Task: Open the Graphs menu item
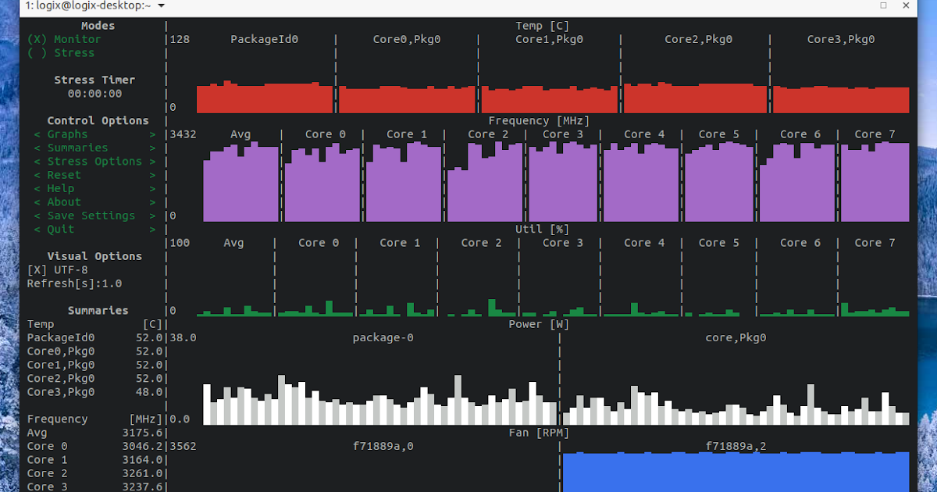pyautogui.click(x=67, y=134)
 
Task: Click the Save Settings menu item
pyautogui.click(x=91, y=216)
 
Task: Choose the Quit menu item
pyautogui.click(x=61, y=229)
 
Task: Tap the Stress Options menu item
pyautogui.click(x=94, y=162)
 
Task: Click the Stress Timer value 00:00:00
pyautogui.click(x=94, y=94)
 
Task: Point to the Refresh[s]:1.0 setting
pyautogui.click(x=74, y=283)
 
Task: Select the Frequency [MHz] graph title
pyautogui.click(x=539, y=120)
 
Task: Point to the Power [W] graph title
pyautogui.click(x=539, y=324)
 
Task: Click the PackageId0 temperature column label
pyautogui.click(x=264, y=39)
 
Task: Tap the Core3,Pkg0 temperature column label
pyautogui.click(x=840, y=39)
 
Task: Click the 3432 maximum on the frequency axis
pyautogui.click(x=183, y=134)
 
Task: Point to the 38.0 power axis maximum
pyautogui.click(x=183, y=337)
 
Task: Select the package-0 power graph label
pyautogui.click(x=383, y=337)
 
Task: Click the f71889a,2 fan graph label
pyautogui.click(x=736, y=446)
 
